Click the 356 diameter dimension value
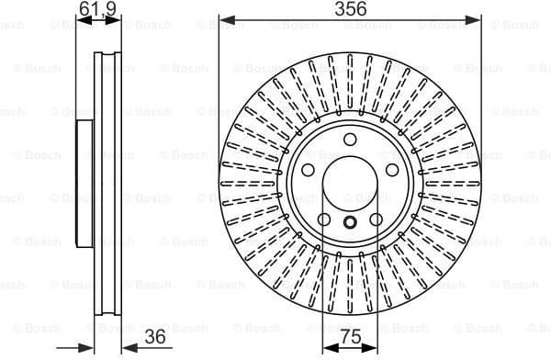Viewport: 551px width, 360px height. (350, 9)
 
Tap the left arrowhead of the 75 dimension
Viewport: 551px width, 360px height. (327, 348)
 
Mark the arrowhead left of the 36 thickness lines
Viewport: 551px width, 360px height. (89, 348)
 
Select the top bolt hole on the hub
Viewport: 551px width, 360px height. (350, 140)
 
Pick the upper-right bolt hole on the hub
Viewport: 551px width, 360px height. (393, 171)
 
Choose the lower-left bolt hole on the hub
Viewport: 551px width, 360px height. (324, 220)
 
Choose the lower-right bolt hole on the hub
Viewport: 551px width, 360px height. (377, 220)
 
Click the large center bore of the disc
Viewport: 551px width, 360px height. (350, 185)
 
